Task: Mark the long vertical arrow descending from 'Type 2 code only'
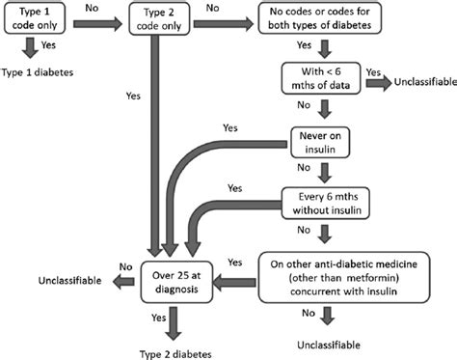(x=152, y=145)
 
